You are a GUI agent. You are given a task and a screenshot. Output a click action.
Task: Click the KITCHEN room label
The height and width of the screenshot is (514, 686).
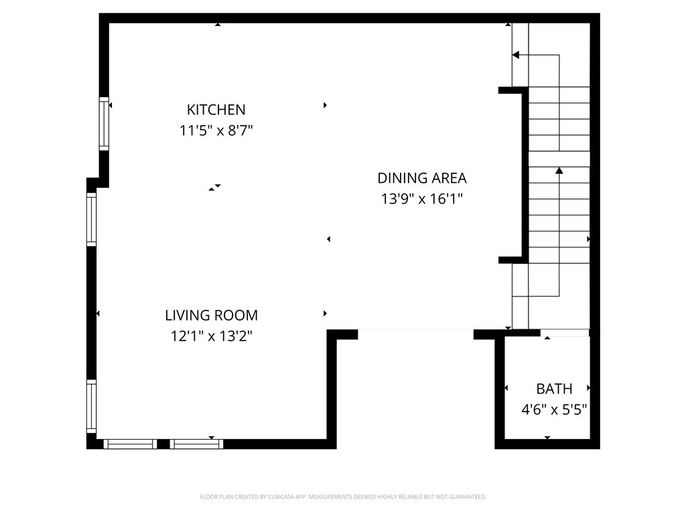pos(216,110)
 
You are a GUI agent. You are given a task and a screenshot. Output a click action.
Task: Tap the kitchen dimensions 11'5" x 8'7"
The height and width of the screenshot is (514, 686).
pos(216,131)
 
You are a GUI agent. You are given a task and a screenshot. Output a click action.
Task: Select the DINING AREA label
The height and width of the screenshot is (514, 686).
pos(421,178)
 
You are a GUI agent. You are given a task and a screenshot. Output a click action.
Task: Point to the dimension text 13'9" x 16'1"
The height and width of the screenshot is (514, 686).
pos(421,199)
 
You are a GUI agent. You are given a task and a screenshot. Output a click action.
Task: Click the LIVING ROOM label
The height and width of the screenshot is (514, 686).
pos(211,315)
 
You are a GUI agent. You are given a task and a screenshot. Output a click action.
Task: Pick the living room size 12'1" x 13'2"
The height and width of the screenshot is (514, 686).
pos(211,336)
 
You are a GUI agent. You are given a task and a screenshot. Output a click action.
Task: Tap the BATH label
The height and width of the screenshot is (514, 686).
pos(554,389)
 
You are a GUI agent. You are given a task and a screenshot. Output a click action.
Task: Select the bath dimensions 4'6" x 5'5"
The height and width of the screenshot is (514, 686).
pos(554,410)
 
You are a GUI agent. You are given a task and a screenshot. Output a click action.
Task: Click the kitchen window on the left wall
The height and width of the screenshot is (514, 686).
pos(104,123)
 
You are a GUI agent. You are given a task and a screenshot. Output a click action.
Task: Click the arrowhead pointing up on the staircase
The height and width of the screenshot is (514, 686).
pos(559,171)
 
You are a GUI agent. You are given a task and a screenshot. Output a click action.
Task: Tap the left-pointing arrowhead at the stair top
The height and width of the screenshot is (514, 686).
pos(516,55)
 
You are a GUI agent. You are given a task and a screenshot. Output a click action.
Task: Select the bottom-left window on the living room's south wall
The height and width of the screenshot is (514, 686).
pos(130,444)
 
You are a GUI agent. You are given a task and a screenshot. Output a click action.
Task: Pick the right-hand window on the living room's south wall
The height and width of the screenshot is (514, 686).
pos(196,444)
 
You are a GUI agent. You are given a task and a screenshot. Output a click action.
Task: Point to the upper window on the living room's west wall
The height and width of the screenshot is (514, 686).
pos(91,220)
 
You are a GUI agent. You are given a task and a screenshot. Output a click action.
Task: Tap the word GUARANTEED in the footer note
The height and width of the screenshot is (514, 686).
pos(467,497)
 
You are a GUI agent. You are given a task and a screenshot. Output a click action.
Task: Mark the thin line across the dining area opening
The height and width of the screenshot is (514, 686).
pos(415,329)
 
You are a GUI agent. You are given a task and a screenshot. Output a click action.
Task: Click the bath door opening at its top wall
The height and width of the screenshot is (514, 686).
pos(565,332)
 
